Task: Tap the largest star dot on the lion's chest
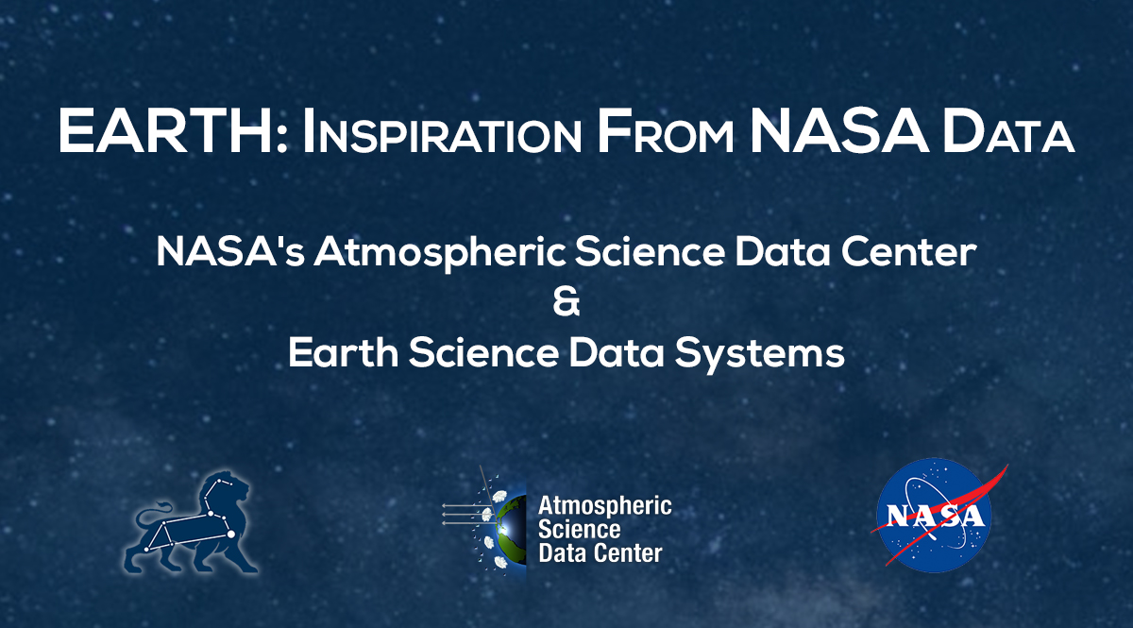click(x=230, y=535)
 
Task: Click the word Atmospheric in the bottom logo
click(x=604, y=505)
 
